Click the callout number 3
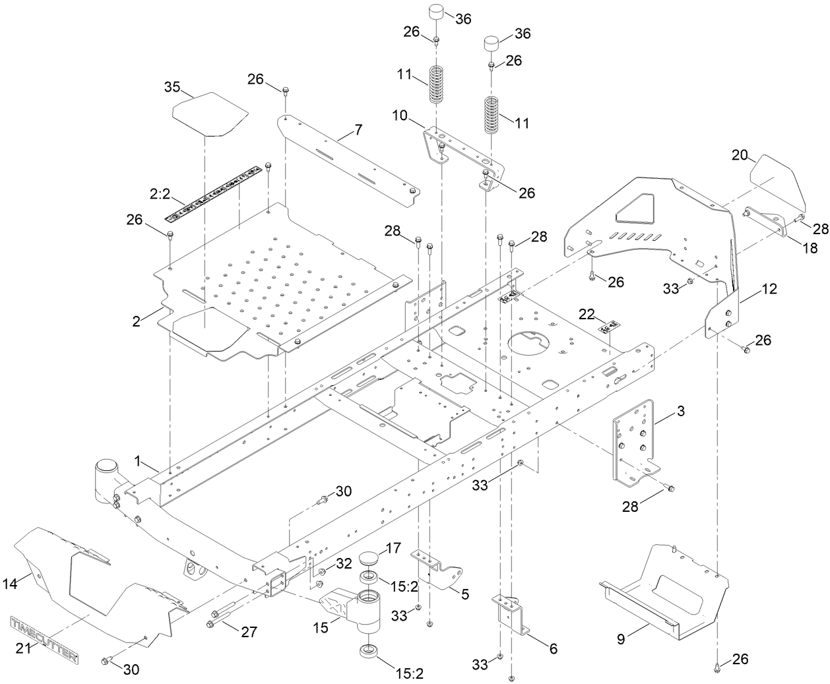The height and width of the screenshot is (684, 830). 680,411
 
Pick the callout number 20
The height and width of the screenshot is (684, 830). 740,155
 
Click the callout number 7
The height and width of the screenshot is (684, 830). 358,129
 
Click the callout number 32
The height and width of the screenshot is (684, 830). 343,564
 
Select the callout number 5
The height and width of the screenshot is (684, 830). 465,594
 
